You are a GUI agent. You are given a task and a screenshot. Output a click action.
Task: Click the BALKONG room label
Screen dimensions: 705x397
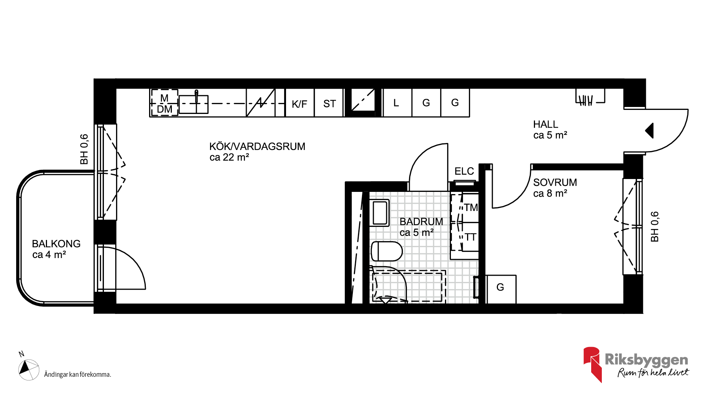(x=56, y=244)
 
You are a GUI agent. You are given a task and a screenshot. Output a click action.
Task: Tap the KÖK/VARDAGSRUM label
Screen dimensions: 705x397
(x=257, y=146)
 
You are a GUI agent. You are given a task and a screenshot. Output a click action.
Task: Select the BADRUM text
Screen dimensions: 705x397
(x=421, y=222)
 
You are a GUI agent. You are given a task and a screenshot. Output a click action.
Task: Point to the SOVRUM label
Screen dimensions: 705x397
(x=555, y=182)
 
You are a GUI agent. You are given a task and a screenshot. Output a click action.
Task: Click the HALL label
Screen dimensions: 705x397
(x=545, y=124)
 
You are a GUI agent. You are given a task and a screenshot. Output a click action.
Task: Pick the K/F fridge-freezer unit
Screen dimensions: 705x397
(x=300, y=103)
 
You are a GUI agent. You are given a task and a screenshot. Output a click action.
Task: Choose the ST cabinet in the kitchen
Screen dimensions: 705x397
(x=329, y=103)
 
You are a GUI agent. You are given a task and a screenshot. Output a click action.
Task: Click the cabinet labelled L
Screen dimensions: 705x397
(x=397, y=103)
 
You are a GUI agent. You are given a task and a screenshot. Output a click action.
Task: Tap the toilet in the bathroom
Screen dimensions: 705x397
(x=387, y=251)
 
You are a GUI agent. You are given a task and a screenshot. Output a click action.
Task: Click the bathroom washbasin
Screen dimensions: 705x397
(x=379, y=213)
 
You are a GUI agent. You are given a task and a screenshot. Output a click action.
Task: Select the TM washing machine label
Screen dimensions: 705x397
(x=471, y=208)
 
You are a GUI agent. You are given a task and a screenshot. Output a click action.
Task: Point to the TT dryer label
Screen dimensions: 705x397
(x=471, y=237)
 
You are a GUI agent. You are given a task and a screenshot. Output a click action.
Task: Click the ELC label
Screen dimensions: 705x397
(x=464, y=171)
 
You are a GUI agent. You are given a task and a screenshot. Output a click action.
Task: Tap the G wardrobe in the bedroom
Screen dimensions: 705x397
(x=501, y=289)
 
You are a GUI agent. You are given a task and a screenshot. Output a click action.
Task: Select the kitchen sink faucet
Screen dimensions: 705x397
(x=196, y=96)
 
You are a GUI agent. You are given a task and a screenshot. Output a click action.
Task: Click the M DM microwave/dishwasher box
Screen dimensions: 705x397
(x=164, y=103)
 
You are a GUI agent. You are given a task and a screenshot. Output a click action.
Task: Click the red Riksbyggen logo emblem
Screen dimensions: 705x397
(x=592, y=364)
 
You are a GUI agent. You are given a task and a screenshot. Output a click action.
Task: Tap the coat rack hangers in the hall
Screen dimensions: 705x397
(x=586, y=100)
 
